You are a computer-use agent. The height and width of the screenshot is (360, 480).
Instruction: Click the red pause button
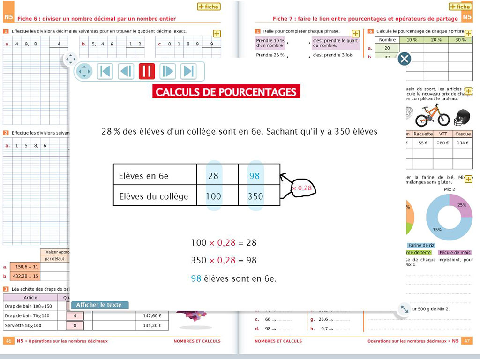147,71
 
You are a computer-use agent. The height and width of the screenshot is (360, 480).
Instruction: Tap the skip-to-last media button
188,71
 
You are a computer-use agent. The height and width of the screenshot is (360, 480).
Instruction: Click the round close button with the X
404,59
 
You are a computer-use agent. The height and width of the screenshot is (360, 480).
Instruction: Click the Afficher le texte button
99,305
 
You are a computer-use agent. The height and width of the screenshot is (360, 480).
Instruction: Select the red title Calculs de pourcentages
226,91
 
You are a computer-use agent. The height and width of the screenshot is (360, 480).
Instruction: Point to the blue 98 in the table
255,176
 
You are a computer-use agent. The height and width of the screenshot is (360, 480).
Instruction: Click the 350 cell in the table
255,196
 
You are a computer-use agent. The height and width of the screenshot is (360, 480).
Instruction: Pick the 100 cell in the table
213,196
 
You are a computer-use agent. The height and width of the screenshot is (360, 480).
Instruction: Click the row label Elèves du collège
154,196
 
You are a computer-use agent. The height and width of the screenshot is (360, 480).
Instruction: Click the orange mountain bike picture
432,114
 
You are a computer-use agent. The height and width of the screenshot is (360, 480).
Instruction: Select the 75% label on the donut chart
437,230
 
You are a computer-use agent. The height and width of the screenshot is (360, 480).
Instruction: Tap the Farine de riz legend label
421,245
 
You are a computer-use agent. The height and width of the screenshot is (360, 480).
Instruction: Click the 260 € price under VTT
442,143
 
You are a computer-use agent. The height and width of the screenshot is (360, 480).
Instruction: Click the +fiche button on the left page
209,7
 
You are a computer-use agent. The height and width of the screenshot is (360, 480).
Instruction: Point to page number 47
467,341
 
